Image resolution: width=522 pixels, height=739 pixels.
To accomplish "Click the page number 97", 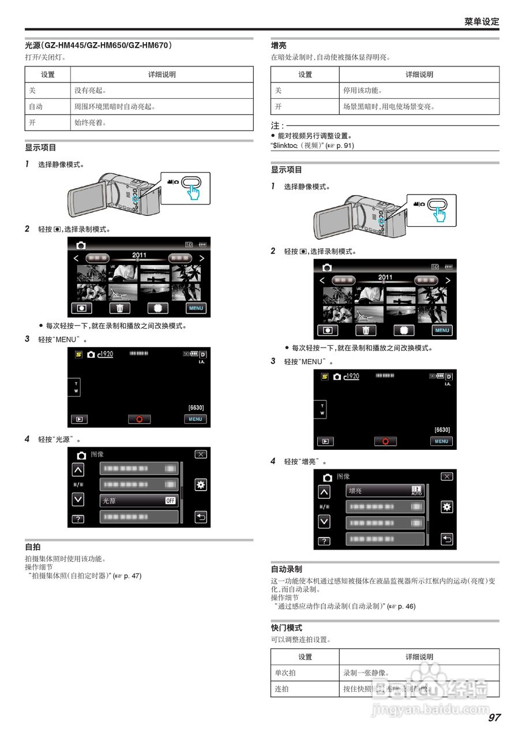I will [494, 718].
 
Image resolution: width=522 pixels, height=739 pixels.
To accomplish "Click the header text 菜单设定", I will [482, 21].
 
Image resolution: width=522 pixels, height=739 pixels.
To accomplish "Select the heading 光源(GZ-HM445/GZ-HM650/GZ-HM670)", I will [99, 45].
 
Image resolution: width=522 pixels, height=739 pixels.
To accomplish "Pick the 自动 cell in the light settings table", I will [36, 107].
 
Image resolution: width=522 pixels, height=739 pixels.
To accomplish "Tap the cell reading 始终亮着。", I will [91, 123].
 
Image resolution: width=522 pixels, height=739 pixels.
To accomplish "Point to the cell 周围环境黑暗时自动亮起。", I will [115, 107].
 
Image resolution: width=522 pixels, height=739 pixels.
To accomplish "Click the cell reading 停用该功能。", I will [363, 91].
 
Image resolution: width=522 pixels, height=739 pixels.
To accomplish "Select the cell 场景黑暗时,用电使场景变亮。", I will [389, 107].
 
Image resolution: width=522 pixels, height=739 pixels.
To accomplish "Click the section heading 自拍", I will [33, 547].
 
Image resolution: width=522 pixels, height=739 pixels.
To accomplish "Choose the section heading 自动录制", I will [287, 569].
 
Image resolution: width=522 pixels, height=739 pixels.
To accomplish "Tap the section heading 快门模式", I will [287, 628].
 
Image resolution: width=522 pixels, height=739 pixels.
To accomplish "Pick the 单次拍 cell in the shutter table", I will [286, 673].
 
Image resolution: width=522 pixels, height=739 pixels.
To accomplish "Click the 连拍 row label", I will [282, 689].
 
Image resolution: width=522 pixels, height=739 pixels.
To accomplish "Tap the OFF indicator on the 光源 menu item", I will [170, 501].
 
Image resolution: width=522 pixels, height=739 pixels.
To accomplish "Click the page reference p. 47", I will [130, 576].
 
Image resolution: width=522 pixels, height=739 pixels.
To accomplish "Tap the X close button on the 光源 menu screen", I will [200, 454].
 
